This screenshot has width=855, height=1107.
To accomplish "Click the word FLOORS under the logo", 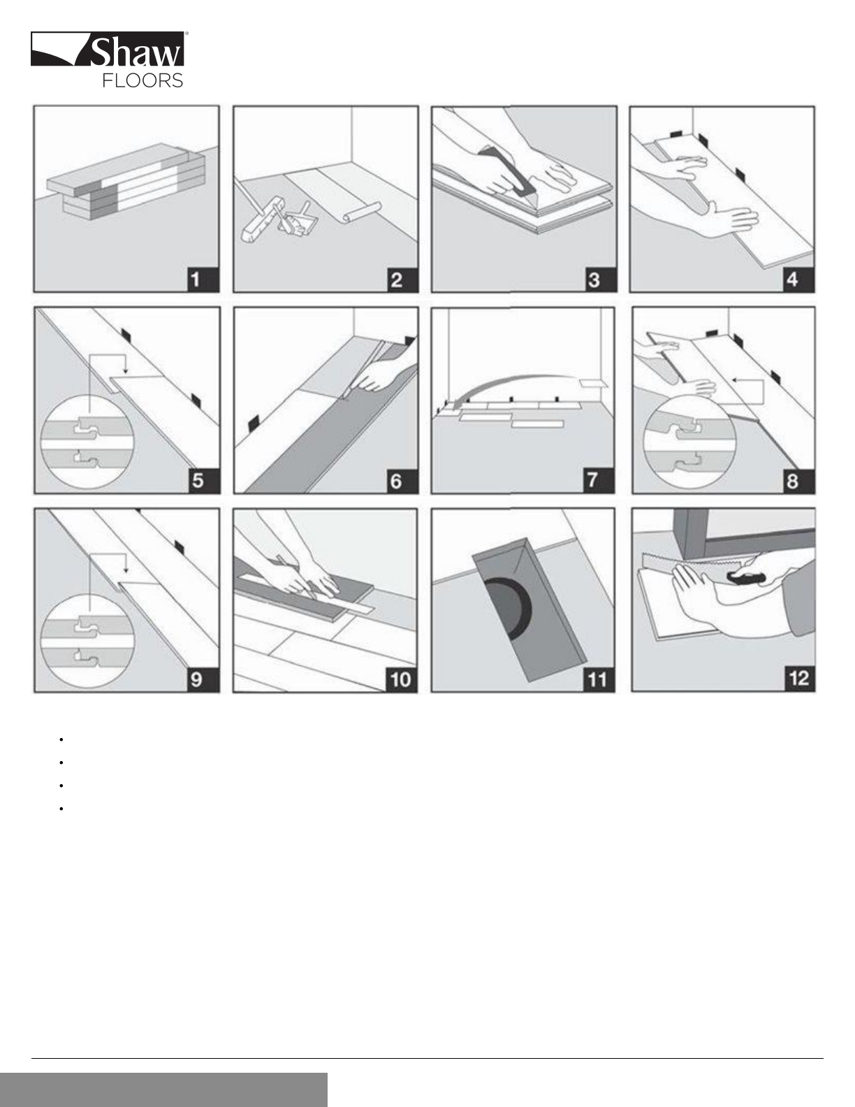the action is point(142,80).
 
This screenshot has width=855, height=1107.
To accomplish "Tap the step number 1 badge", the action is point(202,280).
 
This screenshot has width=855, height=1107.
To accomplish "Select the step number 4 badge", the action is point(798,280).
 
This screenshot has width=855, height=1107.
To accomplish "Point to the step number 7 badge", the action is point(599,480).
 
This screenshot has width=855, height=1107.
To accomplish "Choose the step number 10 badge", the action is point(401,679).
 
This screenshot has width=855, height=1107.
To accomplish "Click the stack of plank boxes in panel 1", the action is point(127,182).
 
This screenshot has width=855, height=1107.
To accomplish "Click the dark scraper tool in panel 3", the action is point(509,173).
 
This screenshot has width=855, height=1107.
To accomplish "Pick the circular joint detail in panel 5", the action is point(87,442).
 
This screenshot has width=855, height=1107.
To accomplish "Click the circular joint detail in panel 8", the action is point(689,441).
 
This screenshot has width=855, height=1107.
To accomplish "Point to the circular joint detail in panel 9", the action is point(87,642).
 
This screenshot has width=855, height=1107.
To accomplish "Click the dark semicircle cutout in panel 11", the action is point(509,609).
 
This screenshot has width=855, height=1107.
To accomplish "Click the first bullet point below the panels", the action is point(61,739).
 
